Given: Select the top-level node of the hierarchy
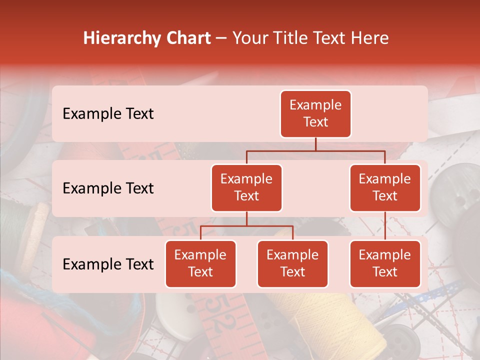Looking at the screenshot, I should click(x=315, y=113).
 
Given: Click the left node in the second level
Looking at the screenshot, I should click(x=246, y=187).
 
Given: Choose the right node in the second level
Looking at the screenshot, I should click(x=385, y=187).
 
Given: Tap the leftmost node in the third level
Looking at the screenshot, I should click(x=200, y=263).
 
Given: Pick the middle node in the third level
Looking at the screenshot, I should click(x=292, y=263).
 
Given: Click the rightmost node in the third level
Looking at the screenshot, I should click(x=385, y=263).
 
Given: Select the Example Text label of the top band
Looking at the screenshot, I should click(x=108, y=113).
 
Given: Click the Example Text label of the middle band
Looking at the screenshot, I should click(x=108, y=188).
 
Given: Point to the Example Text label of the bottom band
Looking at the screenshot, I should click(x=108, y=264).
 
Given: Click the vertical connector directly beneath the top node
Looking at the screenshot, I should click(x=315, y=144).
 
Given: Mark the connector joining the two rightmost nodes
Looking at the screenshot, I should click(x=385, y=225).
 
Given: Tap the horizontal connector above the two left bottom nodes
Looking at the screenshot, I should click(x=246, y=226).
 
